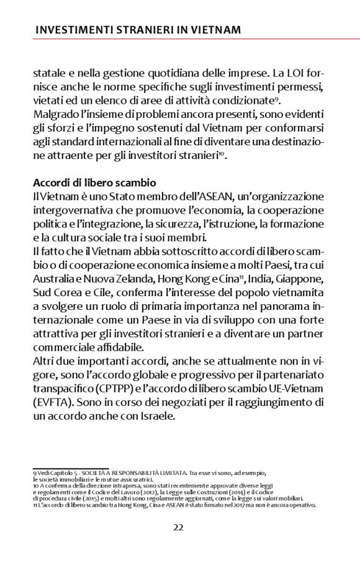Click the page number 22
point(178,527)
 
